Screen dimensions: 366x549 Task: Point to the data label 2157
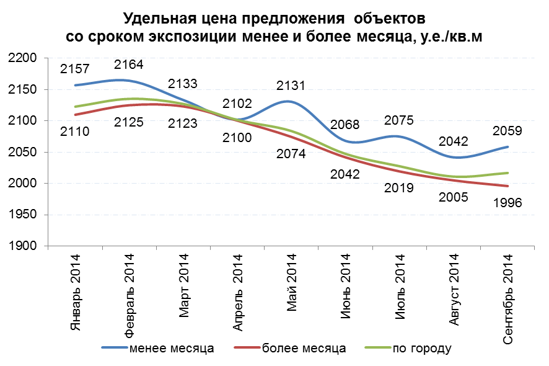click(75, 69)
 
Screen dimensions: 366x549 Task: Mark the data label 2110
click(75, 131)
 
